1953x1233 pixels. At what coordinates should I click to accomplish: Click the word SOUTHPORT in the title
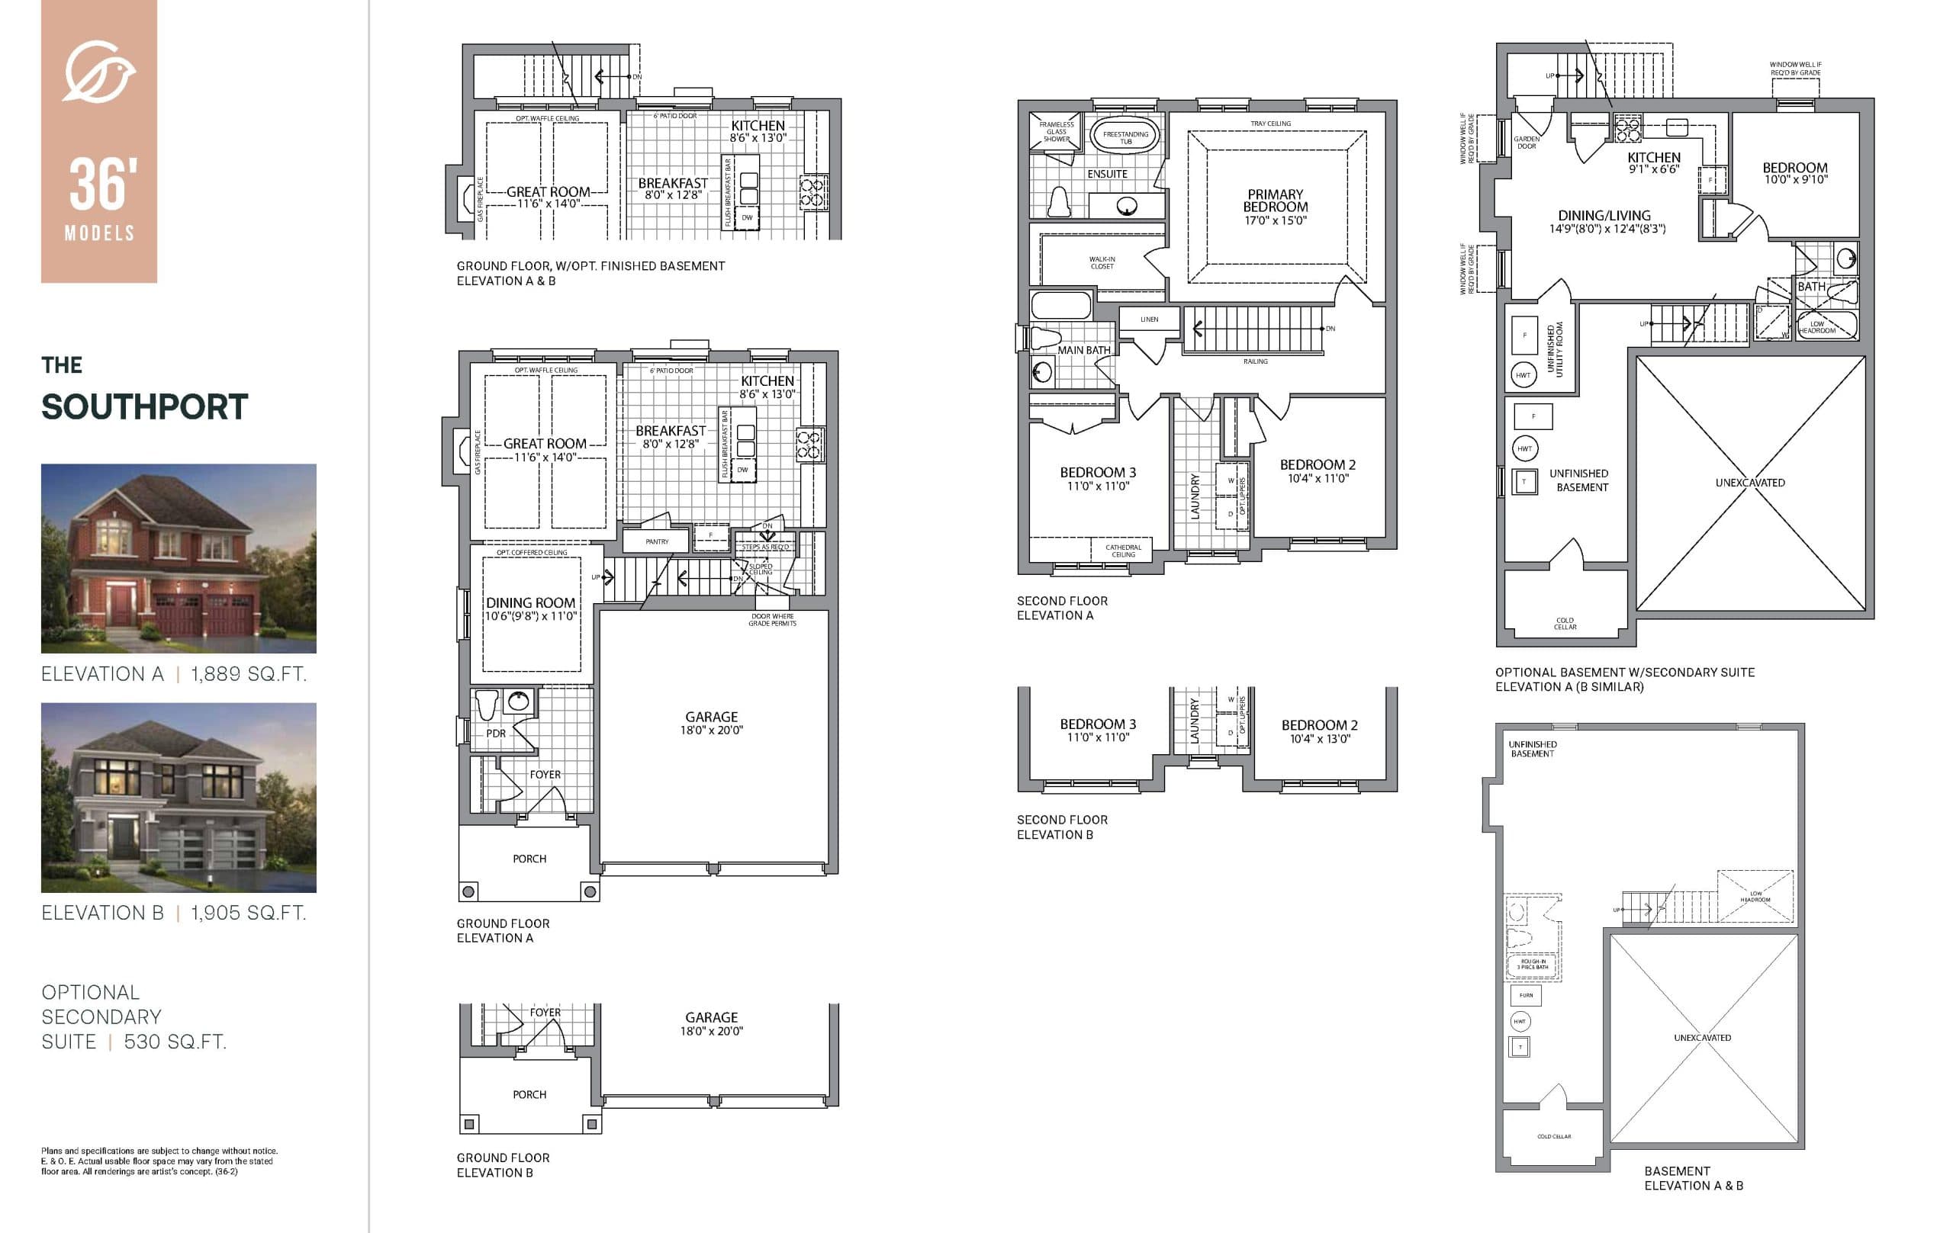(144, 407)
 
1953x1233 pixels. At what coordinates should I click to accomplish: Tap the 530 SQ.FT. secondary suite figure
(175, 1042)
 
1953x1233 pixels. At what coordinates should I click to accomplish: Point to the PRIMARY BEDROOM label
(1275, 201)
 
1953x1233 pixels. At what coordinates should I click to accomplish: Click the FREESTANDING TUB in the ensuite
(1125, 137)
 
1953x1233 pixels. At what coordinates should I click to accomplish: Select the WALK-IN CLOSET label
(1102, 262)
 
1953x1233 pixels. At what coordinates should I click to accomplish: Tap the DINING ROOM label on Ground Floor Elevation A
(530, 603)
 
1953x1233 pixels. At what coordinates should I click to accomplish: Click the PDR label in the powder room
(496, 734)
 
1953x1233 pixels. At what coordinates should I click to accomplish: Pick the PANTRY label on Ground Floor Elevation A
(657, 541)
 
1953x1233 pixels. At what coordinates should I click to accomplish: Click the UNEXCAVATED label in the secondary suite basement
(1749, 483)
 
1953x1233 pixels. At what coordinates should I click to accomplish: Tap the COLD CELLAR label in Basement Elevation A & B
(1553, 1136)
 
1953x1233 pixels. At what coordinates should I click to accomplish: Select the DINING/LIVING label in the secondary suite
(1604, 216)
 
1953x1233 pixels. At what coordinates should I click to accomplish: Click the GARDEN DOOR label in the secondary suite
(1527, 143)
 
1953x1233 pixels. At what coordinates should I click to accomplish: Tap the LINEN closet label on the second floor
(1148, 319)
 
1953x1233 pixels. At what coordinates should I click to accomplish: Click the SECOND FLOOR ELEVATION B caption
(1062, 827)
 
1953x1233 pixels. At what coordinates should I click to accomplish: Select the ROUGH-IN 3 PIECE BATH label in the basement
(1532, 964)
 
